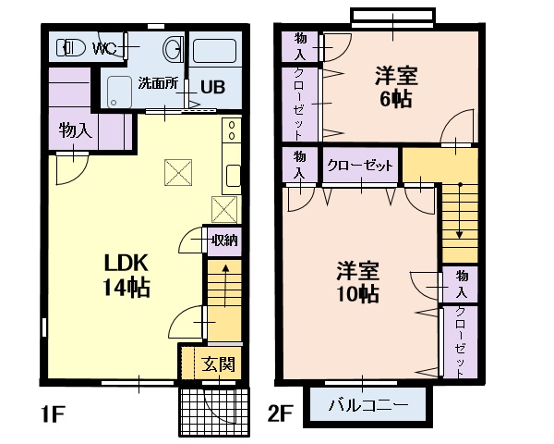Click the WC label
tap(104, 48)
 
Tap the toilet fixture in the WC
tap(71, 47)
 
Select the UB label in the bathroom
tap(212, 87)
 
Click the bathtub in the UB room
tap(214, 52)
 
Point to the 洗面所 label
tap(158, 83)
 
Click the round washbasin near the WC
tap(173, 48)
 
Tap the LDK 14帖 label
tap(126, 276)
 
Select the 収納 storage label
tap(224, 240)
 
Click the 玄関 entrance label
tap(218, 364)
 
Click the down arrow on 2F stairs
tap(459, 211)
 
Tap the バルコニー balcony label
tap(368, 404)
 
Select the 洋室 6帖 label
tap(396, 87)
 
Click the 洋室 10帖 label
tap(357, 282)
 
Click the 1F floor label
tap(53, 414)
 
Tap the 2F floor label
tap(280, 413)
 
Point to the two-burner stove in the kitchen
tap(232, 130)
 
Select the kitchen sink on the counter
tap(234, 176)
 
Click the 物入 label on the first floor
tap(76, 130)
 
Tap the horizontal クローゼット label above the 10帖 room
tap(360, 166)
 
